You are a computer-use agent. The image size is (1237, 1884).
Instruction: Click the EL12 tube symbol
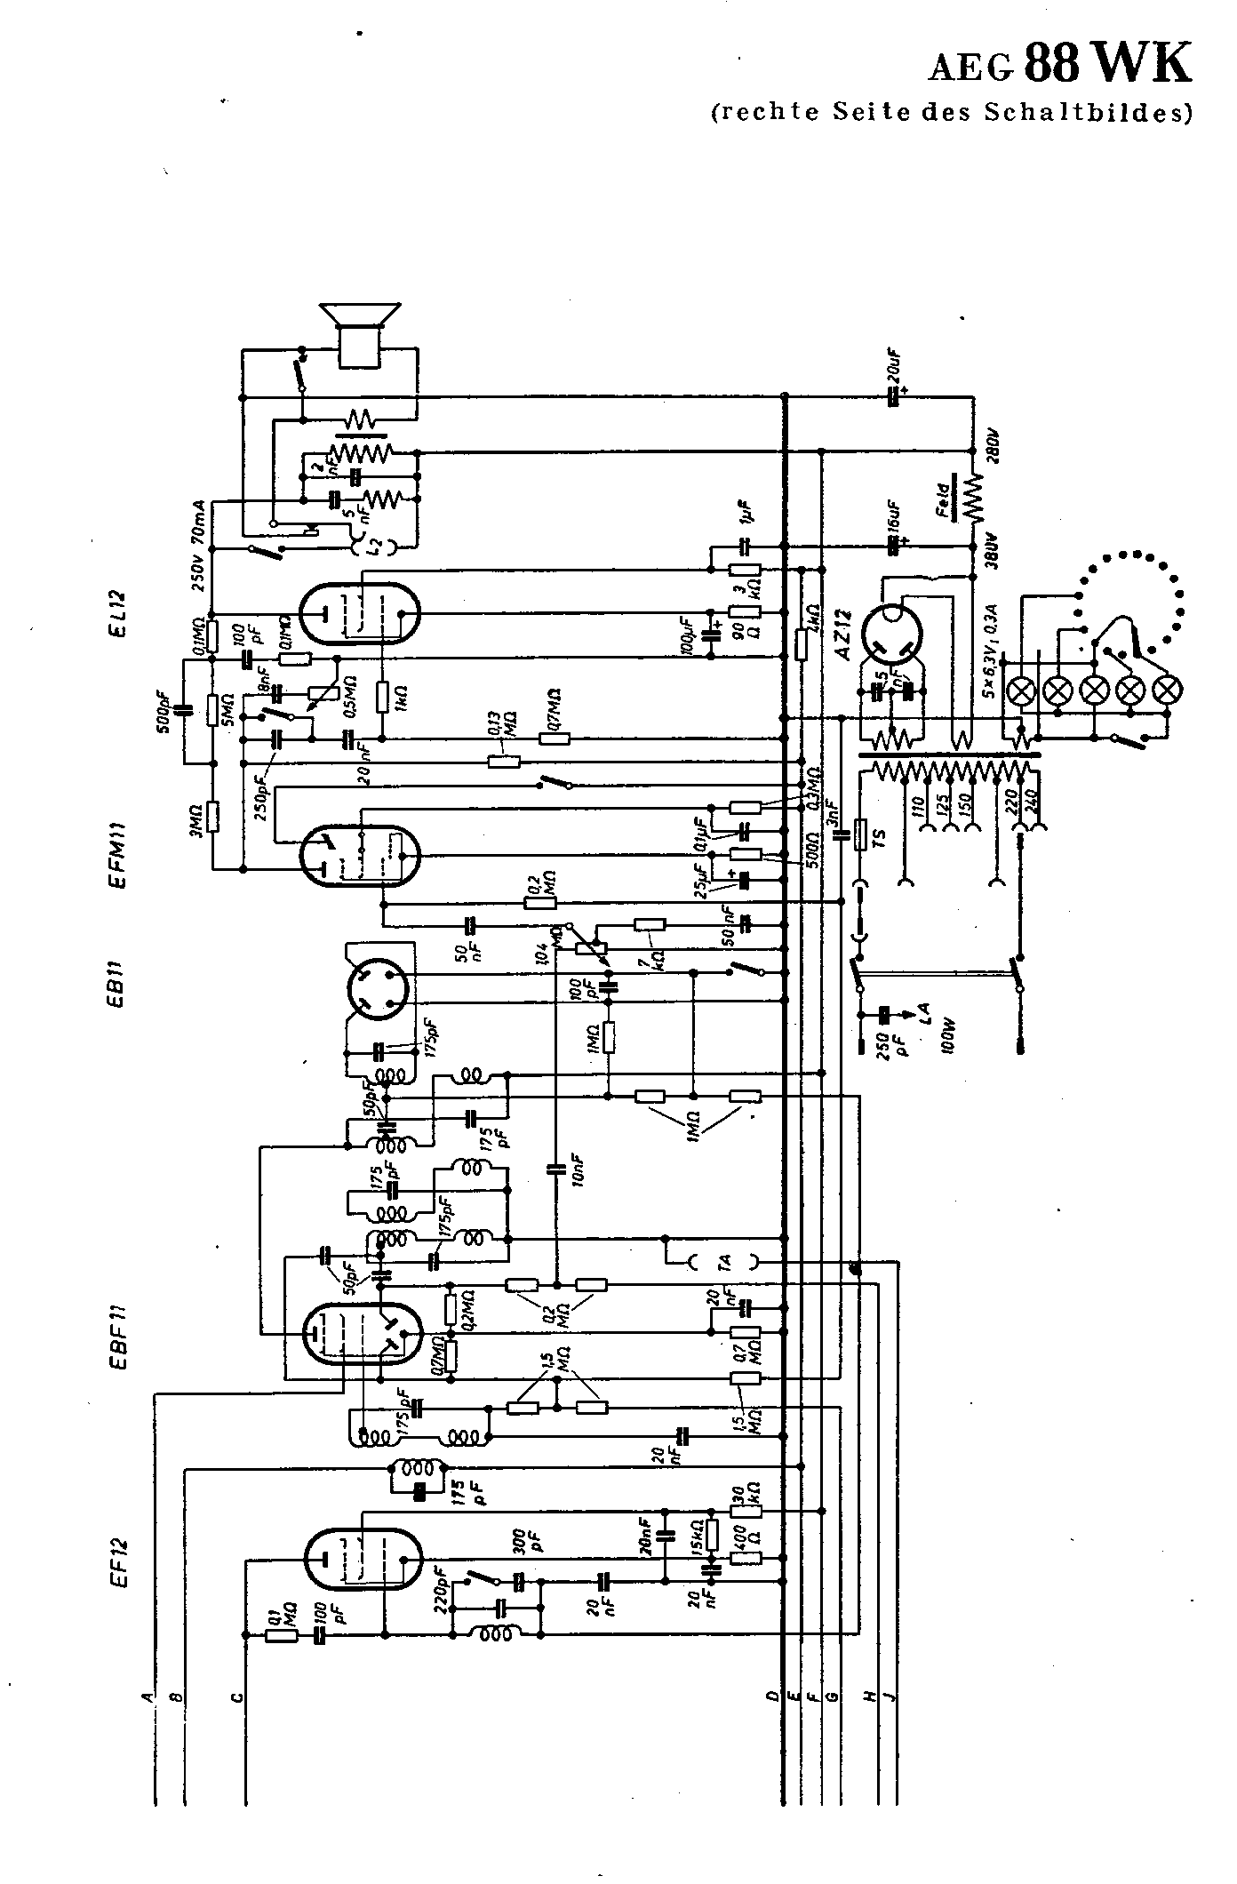(359, 612)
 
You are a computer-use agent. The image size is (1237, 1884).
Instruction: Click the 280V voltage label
(993, 447)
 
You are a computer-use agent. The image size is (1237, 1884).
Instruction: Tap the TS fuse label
(880, 835)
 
